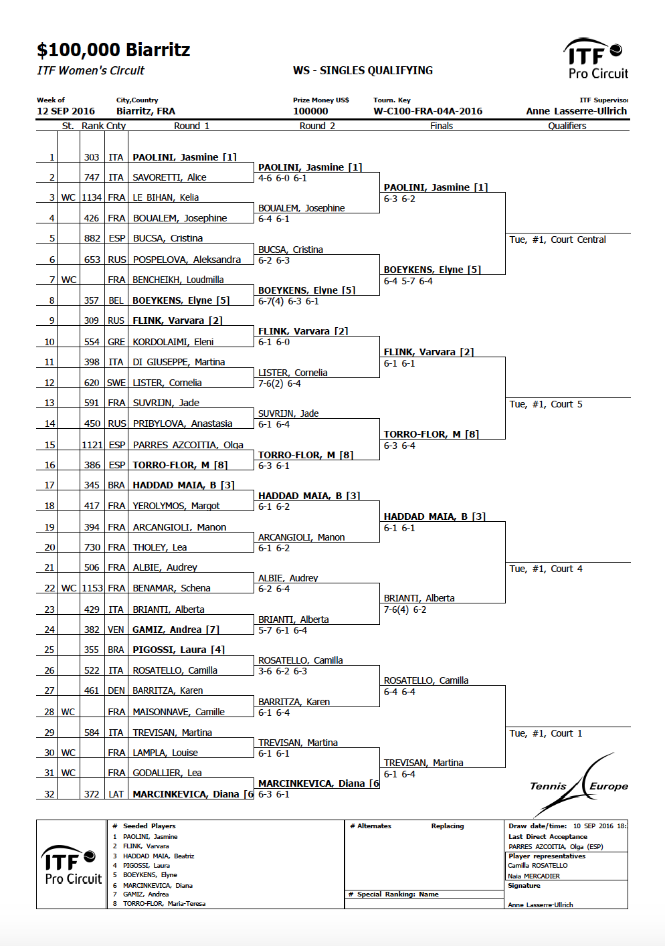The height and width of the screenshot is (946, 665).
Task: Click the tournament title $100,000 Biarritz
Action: [113, 50]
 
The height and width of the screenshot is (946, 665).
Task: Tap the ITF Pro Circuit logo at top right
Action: [595, 58]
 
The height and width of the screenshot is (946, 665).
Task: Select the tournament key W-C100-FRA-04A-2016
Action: [427, 111]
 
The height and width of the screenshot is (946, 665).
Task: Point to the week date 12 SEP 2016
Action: [66, 111]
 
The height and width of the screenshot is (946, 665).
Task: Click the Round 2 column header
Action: [317, 126]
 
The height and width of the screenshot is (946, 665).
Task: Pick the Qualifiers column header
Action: [567, 126]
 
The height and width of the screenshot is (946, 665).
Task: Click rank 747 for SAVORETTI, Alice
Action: [92, 177]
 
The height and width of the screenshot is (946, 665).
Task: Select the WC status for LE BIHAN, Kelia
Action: [68, 197]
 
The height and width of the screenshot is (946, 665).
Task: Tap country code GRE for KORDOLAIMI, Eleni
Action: [116, 342]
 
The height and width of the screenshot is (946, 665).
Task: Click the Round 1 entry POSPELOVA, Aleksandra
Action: [187, 260]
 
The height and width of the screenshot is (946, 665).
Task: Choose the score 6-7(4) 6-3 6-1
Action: [288, 302]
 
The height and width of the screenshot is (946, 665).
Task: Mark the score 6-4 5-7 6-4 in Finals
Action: [408, 281]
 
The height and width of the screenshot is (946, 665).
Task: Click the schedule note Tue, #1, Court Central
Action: [557, 240]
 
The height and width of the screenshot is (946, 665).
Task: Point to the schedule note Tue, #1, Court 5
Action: [545, 404]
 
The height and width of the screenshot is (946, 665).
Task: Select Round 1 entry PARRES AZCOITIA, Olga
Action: [188, 445]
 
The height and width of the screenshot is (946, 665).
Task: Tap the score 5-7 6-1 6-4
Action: [282, 630]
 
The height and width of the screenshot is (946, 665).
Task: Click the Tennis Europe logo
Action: [579, 785]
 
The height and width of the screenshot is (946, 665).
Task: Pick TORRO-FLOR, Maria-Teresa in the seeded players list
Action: [165, 904]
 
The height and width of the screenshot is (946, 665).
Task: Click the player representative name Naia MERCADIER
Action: [534, 876]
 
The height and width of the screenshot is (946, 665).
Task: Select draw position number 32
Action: [50, 794]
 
